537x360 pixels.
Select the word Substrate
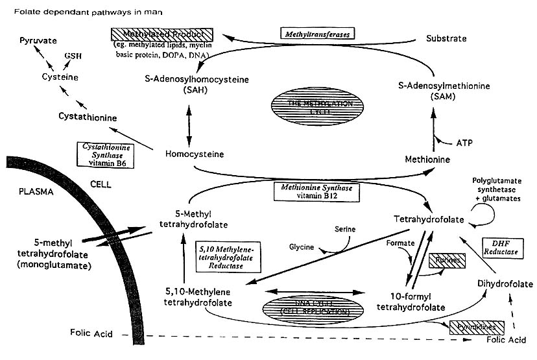pyautogui.click(x=446, y=38)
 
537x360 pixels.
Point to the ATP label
pyautogui.click(x=464, y=141)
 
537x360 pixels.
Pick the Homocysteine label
pyautogui.click(x=195, y=155)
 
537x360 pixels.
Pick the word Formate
pyautogui.click(x=399, y=243)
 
